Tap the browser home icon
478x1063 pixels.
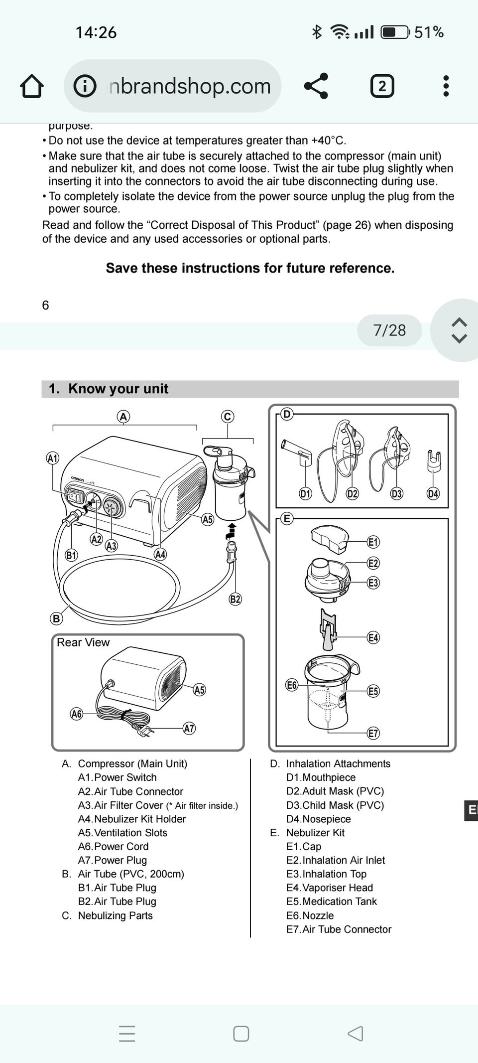point(32,86)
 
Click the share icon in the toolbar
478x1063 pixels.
point(316,86)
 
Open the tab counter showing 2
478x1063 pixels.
point(382,86)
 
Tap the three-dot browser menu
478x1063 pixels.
point(446,86)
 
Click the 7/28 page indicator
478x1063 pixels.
point(389,330)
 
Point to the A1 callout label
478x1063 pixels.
point(52,458)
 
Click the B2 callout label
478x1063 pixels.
point(235,599)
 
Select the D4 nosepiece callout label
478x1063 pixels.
point(433,493)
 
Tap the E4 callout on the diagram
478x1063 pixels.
point(373,637)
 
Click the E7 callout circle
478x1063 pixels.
point(373,733)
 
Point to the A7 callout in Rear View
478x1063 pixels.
point(189,728)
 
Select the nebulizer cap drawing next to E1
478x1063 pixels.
point(328,538)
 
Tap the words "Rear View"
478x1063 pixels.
point(83,642)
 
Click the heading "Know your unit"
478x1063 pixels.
point(118,389)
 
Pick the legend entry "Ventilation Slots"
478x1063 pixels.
point(130,832)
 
